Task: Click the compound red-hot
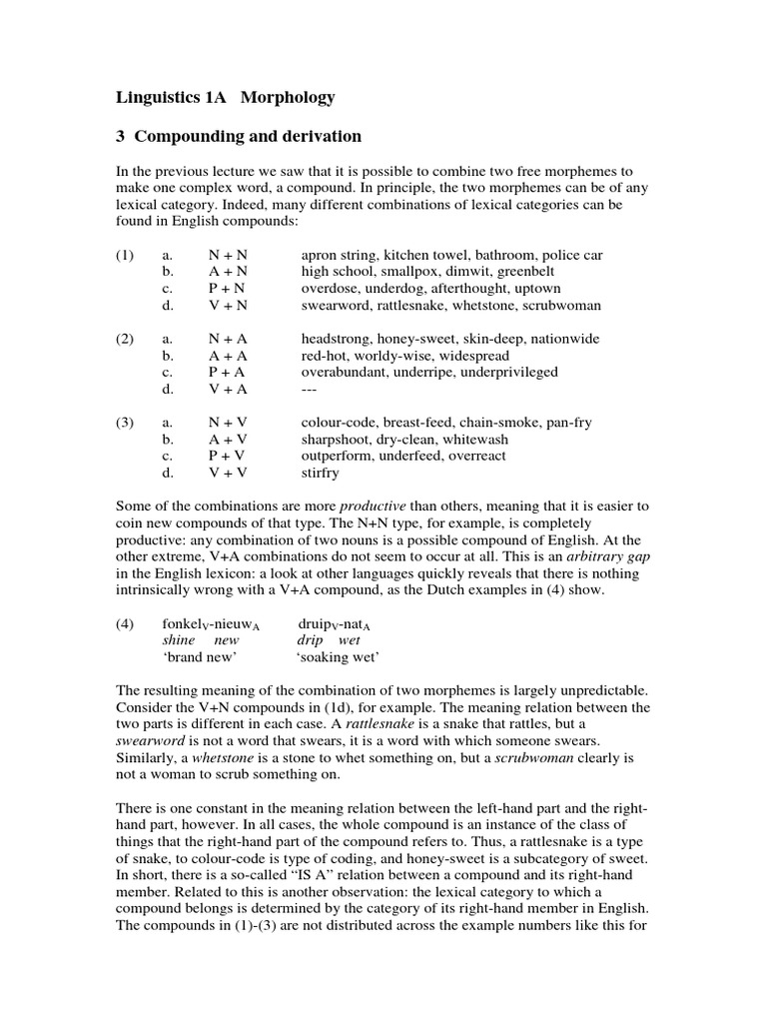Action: click(325, 356)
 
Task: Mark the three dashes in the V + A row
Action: click(311, 389)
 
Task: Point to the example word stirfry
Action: click(320, 473)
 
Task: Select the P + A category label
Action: click(227, 372)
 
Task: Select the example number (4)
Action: click(124, 623)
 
